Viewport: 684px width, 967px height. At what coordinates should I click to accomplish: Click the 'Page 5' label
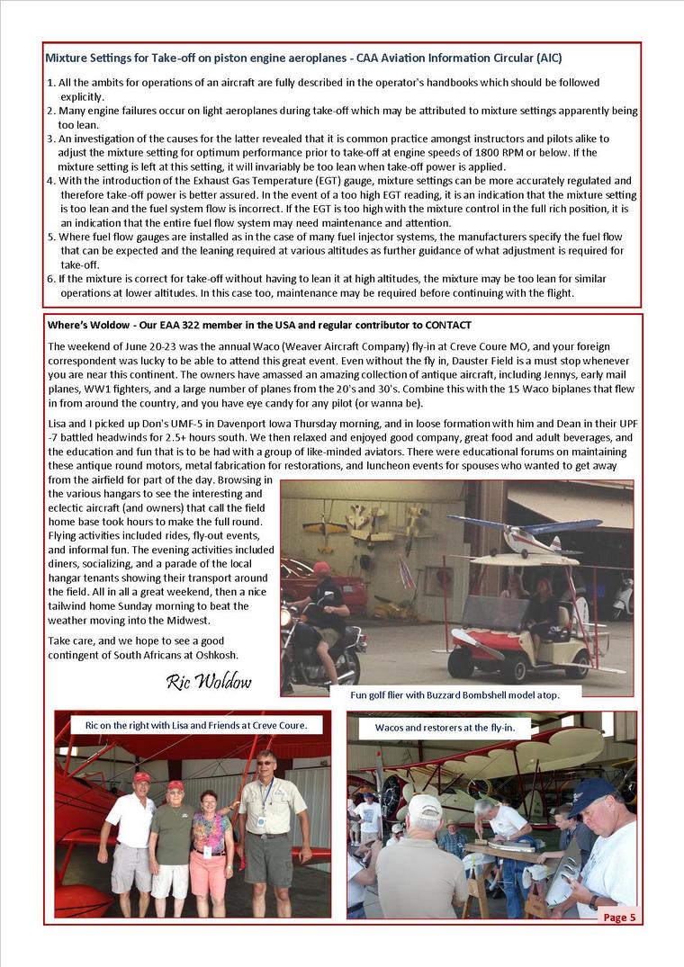pos(619,917)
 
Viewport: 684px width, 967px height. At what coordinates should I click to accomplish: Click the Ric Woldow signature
pos(209,681)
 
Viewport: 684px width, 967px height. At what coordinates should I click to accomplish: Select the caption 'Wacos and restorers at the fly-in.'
pos(451,726)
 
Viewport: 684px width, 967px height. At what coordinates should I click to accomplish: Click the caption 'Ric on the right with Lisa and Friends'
pos(196,724)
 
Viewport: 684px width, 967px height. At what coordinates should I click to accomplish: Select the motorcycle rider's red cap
pos(321,568)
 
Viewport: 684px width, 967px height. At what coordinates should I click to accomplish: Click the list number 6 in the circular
pos(50,279)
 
